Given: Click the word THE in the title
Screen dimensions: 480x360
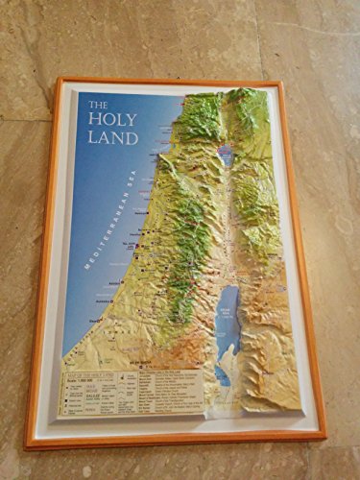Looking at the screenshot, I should pyautogui.click(x=99, y=106).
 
